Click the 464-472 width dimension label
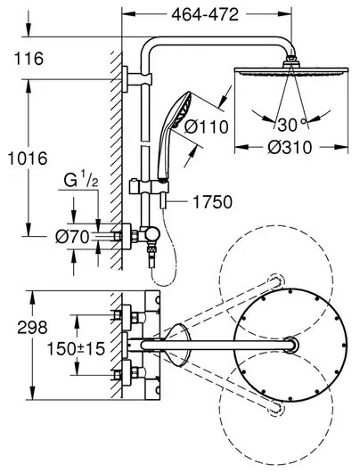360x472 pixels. [205, 14]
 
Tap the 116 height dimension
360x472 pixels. [29, 59]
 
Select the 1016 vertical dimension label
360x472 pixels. [28, 159]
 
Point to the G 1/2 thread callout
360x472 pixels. [81, 181]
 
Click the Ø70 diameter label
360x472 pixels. [72, 237]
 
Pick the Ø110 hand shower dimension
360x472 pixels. [206, 126]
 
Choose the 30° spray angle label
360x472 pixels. [291, 125]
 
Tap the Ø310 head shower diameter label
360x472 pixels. [290, 148]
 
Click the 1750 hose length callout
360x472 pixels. [213, 202]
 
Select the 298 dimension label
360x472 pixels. [32, 327]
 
